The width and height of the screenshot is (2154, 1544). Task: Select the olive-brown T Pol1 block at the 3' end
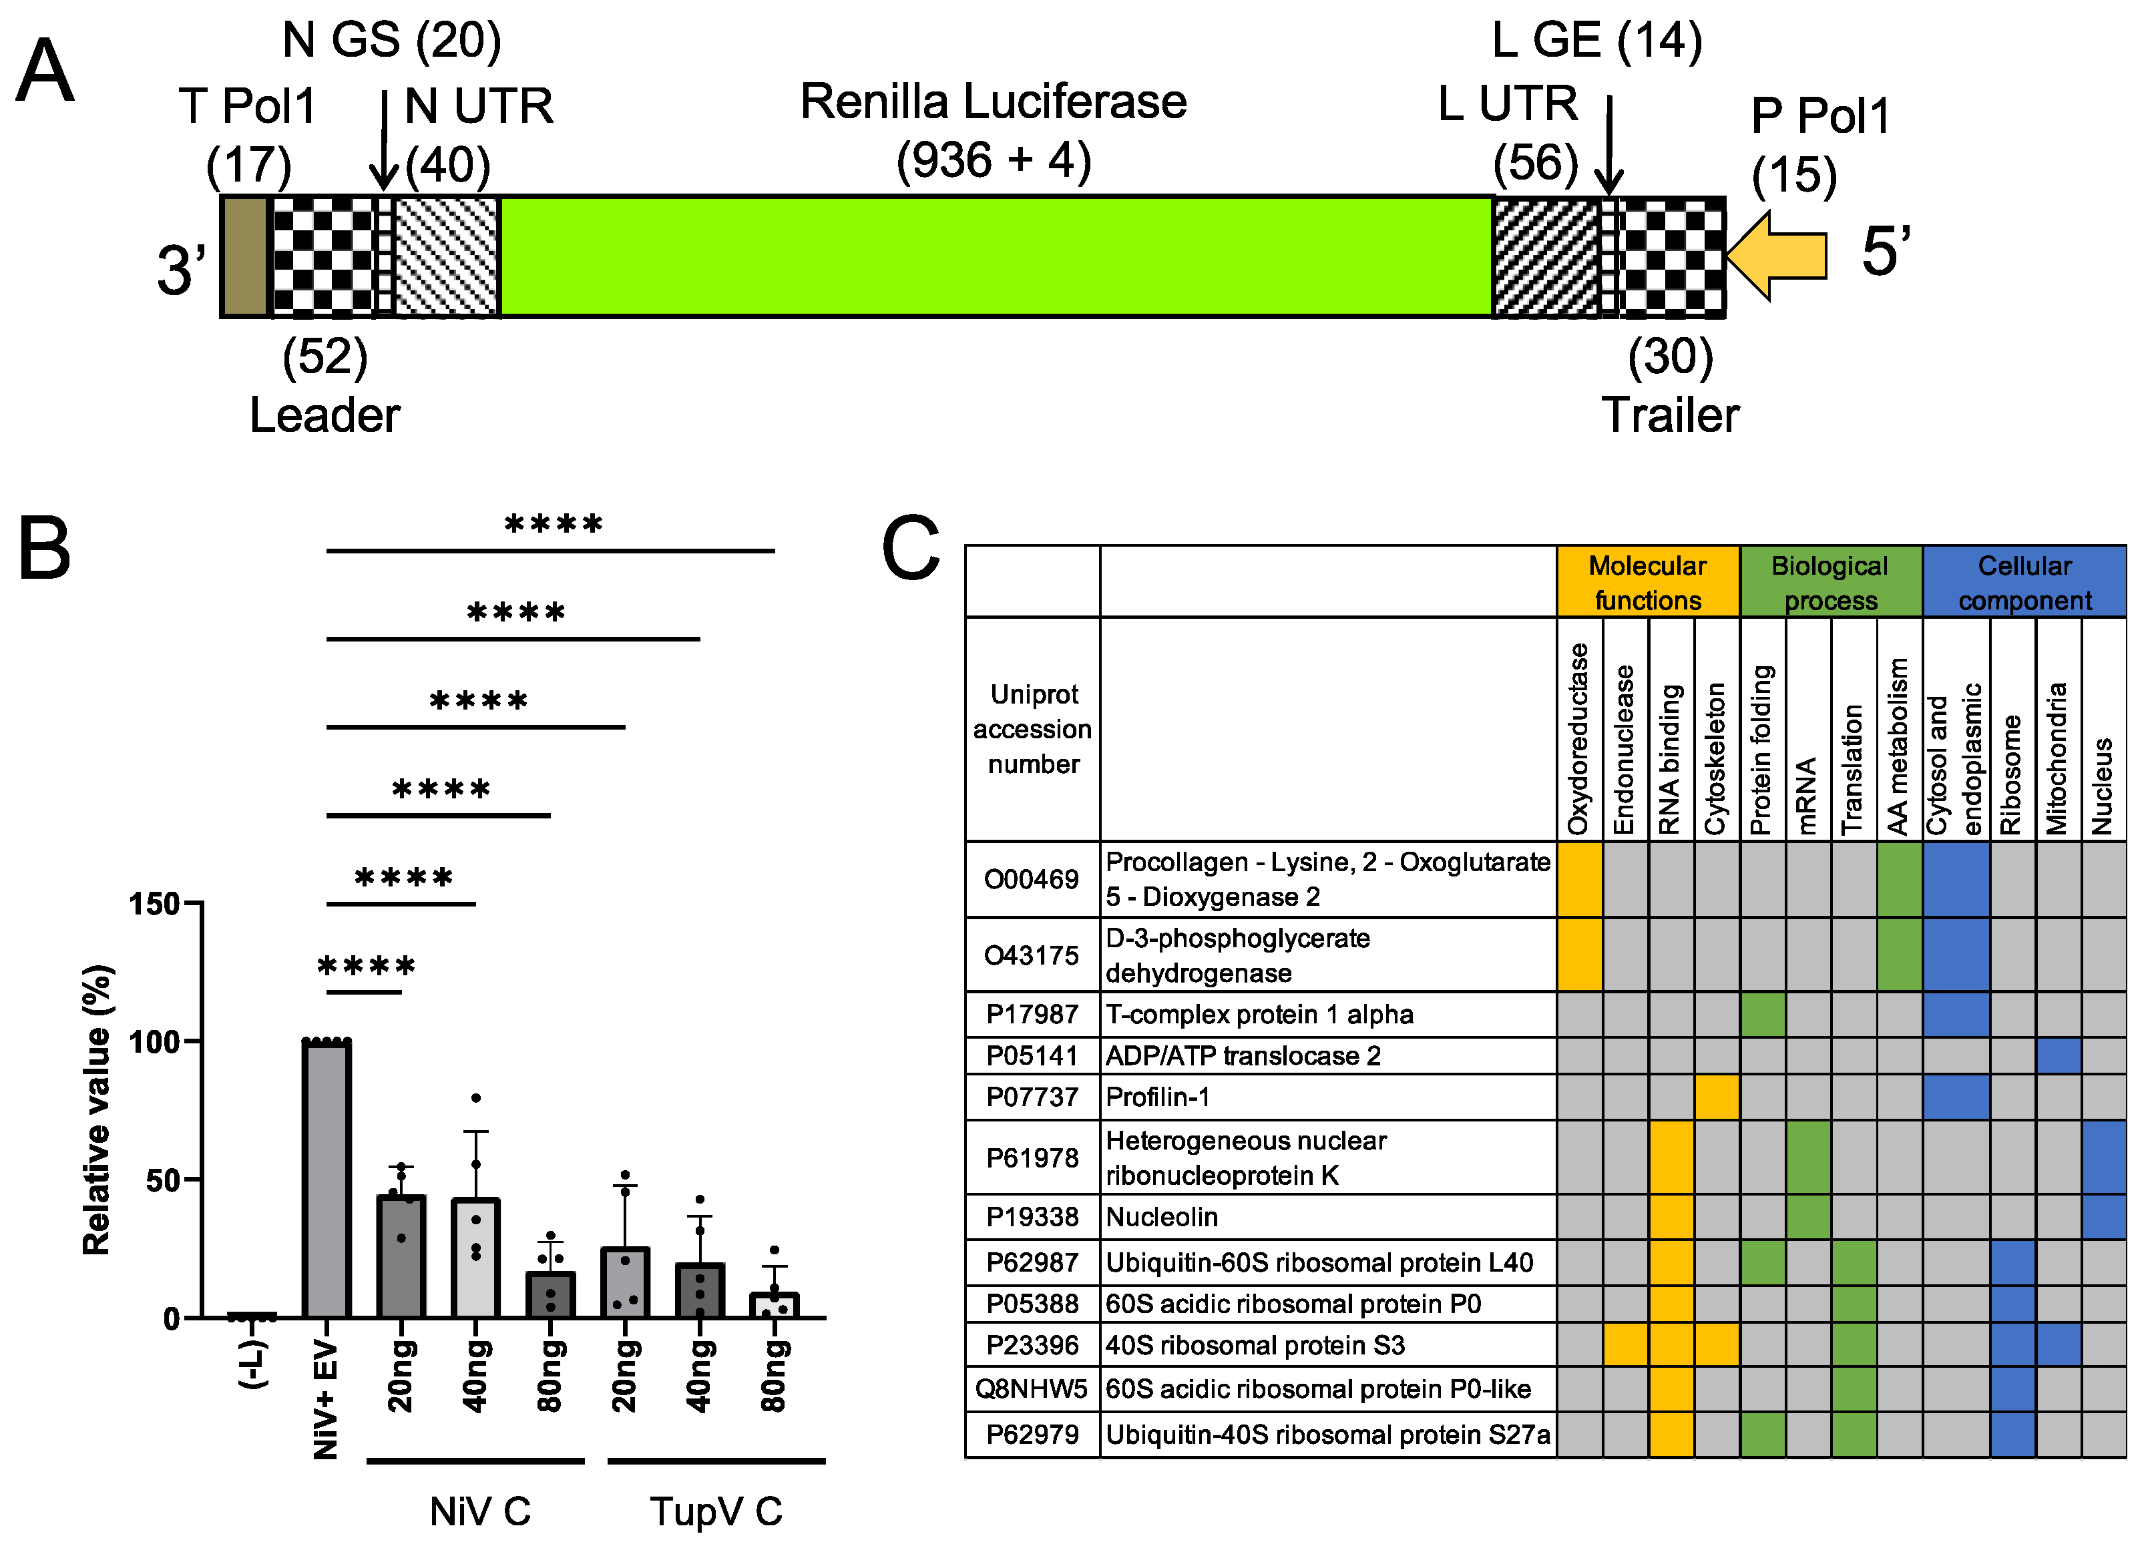(245, 256)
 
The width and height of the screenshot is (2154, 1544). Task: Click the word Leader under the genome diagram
(324, 415)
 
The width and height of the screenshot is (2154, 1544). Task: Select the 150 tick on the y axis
(155, 903)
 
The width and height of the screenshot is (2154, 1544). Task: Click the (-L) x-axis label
(252, 1364)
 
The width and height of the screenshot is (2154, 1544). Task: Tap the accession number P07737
(1032, 1097)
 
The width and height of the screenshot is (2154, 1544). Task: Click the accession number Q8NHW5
(1032, 1388)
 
